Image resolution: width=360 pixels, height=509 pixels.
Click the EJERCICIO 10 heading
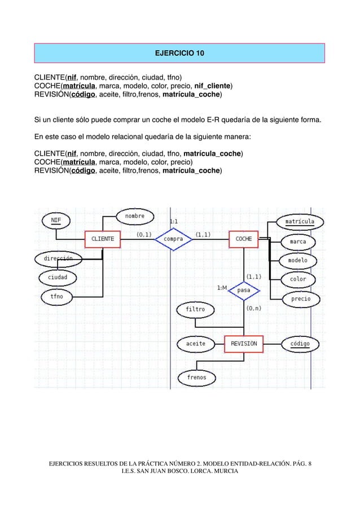click(x=179, y=54)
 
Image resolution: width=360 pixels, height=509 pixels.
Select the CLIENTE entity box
click(x=102, y=239)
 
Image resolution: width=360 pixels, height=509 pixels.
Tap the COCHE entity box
click(x=244, y=239)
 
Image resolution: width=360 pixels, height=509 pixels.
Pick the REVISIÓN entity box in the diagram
click(x=244, y=344)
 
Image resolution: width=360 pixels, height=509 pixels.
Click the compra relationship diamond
click(x=174, y=239)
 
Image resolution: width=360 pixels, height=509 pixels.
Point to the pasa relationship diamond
click(x=244, y=290)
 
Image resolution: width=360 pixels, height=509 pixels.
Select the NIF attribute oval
click(x=56, y=220)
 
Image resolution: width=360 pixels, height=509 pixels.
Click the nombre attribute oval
click(x=134, y=216)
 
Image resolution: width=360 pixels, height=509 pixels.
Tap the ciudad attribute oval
click(x=58, y=277)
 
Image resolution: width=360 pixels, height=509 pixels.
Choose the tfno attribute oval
click(x=56, y=296)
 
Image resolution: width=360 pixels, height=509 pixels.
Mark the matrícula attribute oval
click(x=299, y=222)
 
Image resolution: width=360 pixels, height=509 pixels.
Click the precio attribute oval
click(x=300, y=299)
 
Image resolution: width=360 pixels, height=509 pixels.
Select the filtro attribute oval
click(x=196, y=309)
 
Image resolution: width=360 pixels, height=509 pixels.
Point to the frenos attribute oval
click(x=197, y=377)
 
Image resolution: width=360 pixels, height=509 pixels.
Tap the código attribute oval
click(x=300, y=344)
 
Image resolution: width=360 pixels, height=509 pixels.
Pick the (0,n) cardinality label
click(x=253, y=309)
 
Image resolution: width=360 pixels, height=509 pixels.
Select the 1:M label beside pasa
click(x=222, y=288)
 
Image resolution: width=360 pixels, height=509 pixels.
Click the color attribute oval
click(x=298, y=279)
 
